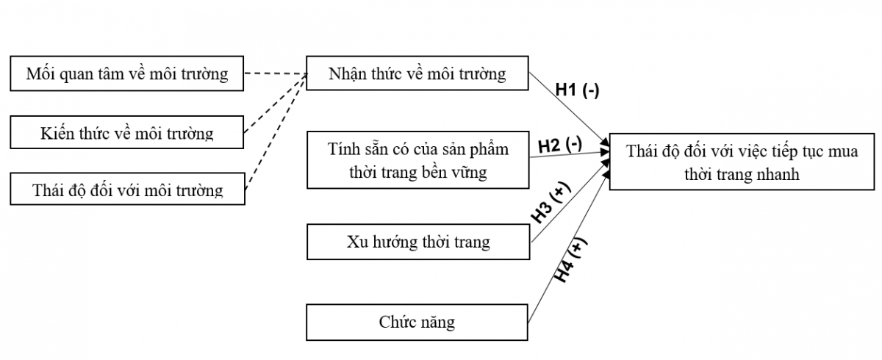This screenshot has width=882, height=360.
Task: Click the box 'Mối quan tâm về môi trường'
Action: click(126, 73)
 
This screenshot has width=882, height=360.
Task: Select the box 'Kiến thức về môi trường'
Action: click(126, 133)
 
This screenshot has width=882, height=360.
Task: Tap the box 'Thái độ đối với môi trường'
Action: click(126, 190)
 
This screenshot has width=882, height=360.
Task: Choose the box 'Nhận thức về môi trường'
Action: click(417, 73)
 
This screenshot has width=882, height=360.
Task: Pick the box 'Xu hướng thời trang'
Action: click(417, 242)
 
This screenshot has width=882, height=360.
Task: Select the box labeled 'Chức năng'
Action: click(417, 322)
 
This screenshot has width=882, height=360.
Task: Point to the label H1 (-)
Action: click(577, 91)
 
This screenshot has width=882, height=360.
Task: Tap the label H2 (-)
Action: click(560, 144)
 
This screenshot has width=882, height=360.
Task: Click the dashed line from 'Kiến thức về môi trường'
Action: click(276, 104)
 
